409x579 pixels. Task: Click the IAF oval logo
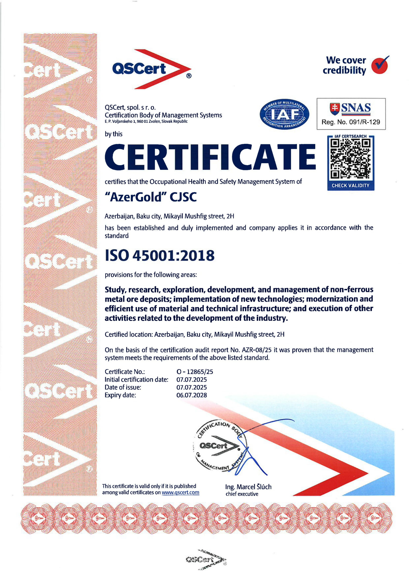click(x=284, y=114)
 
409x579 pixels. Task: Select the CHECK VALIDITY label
click(x=350, y=185)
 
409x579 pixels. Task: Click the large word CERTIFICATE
click(x=210, y=157)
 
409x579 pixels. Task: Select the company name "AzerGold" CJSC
click(x=150, y=197)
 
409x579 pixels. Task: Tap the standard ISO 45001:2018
click(x=160, y=255)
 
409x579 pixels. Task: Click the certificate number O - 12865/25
click(x=195, y=371)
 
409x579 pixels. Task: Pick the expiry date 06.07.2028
click(x=191, y=395)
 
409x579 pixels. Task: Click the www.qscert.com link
click(x=180, y=492)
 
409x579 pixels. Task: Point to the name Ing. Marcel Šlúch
click(x=248, y=486)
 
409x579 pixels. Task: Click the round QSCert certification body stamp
click(x=220, y=446)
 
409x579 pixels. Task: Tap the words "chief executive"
click(x=242, y=494)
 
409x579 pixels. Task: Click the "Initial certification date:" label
click(x=136, y=379)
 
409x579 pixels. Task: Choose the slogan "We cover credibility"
click(x=344, y=65)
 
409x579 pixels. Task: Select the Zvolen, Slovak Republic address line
click(x=146, y=121)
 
